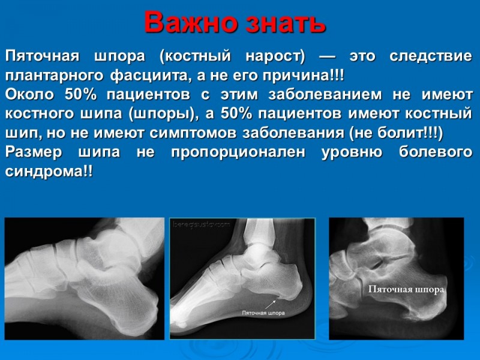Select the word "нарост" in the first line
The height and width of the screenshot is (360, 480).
tap(275, 56)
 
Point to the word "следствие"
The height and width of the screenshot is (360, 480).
tap(431, 56)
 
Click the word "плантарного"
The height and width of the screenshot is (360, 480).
tap(54, 76)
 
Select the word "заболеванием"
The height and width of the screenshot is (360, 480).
tap(325, 95)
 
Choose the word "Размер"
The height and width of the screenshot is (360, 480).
tap(34, 152)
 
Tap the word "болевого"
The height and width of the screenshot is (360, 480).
tap(436, 152)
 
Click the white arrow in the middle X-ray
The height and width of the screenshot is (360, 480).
tap(270, 304)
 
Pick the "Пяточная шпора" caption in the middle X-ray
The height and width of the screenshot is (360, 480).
tap(263, 313)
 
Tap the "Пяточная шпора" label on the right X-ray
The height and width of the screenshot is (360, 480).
tap(406, 289)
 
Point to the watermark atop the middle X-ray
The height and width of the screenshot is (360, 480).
tap(201, 224)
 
